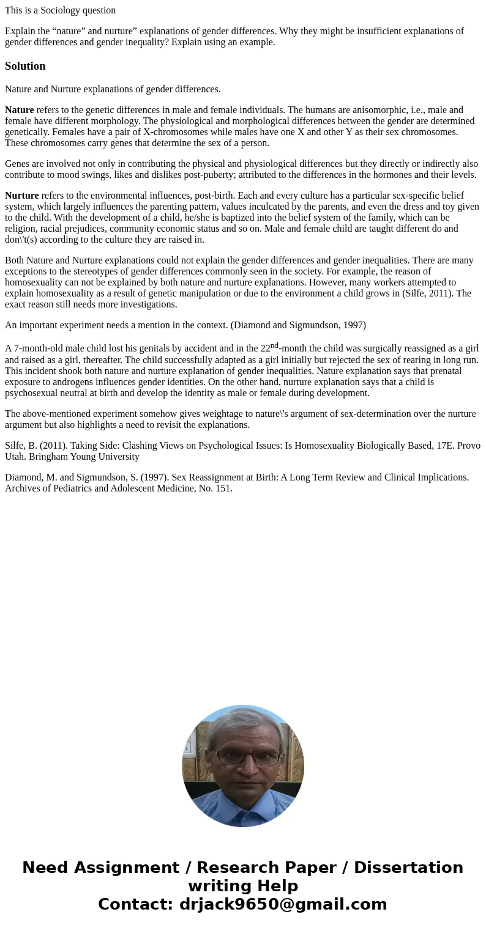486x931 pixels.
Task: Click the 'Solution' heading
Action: tap(25, 66)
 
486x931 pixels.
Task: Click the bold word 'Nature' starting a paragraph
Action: tap(19, 110)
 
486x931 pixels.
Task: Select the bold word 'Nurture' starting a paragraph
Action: tap(21, 196)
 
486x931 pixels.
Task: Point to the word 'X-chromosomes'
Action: tap(170, 132)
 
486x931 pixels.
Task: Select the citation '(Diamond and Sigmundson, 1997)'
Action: tap(298, 325)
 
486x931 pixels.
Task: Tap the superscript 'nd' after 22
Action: tap(274, 345)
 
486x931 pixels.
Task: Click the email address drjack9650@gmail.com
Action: tap(283, 905)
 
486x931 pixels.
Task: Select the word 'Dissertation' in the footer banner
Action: tap(408, 868)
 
